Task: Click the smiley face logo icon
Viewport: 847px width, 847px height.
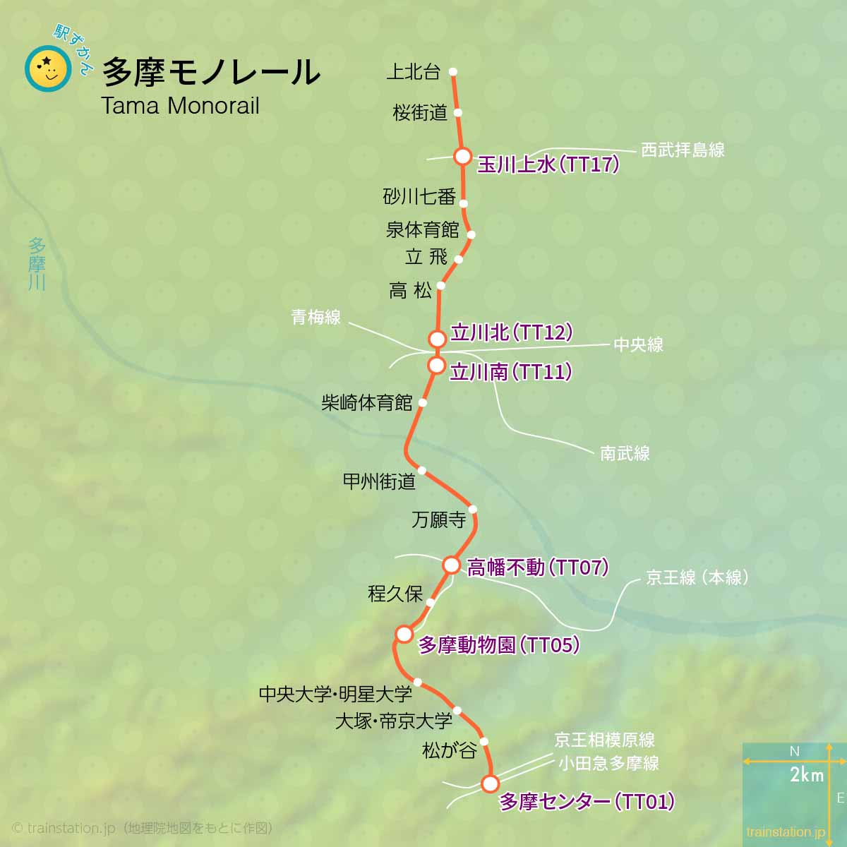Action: click(48, 69)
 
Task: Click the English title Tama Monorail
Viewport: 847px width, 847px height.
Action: click(180, 106)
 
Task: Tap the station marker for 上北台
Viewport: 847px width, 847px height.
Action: click(453, 71)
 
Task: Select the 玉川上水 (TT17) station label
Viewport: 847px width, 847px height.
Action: click(548, 164)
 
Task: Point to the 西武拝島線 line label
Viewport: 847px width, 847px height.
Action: click(683, 150)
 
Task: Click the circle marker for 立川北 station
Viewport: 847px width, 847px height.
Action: click(438, 339)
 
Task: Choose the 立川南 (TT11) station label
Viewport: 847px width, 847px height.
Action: click(510, 372)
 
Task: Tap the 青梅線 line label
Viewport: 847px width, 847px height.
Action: click(316, 318)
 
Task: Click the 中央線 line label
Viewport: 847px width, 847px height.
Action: click(638, 344)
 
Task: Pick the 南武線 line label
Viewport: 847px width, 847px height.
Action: click(625, 453)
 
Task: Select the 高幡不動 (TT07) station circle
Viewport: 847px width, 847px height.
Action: click(452, 565)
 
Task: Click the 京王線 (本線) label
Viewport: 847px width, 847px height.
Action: click(697, 577)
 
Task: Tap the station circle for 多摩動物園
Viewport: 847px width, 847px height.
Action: click(404, 634)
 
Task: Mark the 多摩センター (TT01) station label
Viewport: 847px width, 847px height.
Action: click(587, 802)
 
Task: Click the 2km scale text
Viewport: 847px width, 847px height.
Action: click(807, 775)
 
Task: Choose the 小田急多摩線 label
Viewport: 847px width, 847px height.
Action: click(608, 763)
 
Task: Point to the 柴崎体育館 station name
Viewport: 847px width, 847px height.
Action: click(367, 403)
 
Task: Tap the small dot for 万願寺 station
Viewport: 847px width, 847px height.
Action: click(472, 509)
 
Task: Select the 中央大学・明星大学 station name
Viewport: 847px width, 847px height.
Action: click(335, 695)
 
